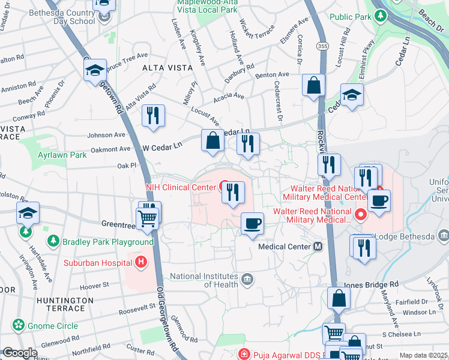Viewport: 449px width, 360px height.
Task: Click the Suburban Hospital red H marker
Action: pos(141,262)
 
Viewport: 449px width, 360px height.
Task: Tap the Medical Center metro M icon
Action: pos(318,247)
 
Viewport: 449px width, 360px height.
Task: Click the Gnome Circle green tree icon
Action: pos(19,326)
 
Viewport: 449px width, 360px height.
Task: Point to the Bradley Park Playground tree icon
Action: pos(54,241)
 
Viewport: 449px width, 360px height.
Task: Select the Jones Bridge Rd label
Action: pos(370,284)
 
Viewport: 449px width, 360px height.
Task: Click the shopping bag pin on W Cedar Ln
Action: pos(212,141)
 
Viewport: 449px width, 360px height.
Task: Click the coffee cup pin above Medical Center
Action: pos(252,223)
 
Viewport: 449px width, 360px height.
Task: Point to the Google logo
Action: pos(20,353)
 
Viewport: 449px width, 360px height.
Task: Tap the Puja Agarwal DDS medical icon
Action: pos(243,354)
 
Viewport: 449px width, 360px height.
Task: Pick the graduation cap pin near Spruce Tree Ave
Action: pos(95,70)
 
